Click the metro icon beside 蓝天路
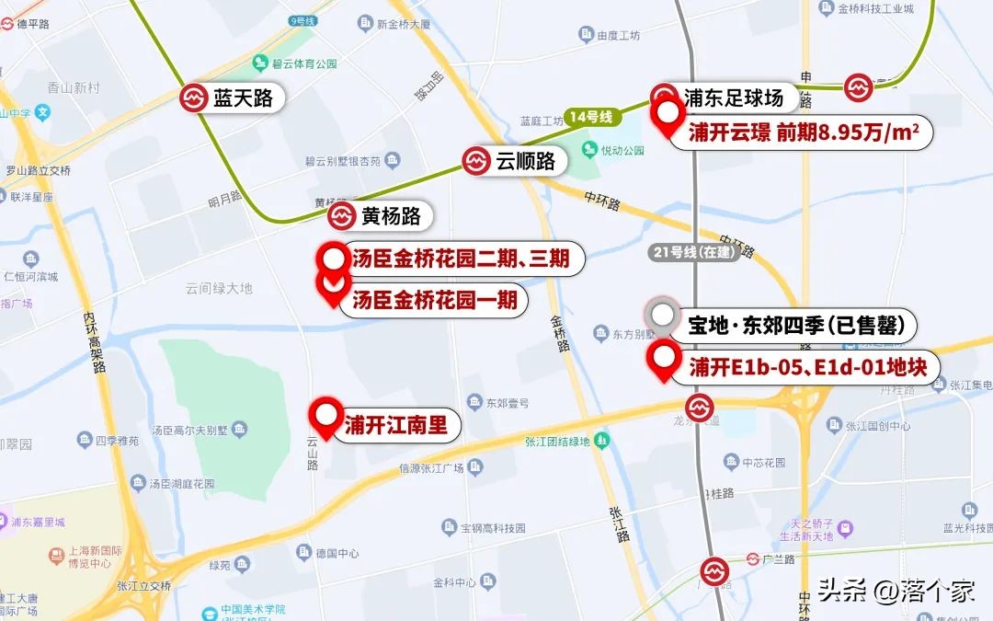coord(194,98)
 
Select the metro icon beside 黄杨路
coord(340,216)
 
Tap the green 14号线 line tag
coord(590,117)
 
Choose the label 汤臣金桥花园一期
coord(434,300)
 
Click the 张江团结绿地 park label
coord(557,442)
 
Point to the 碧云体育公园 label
coord(304,64)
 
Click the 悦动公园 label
coord(624,150)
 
